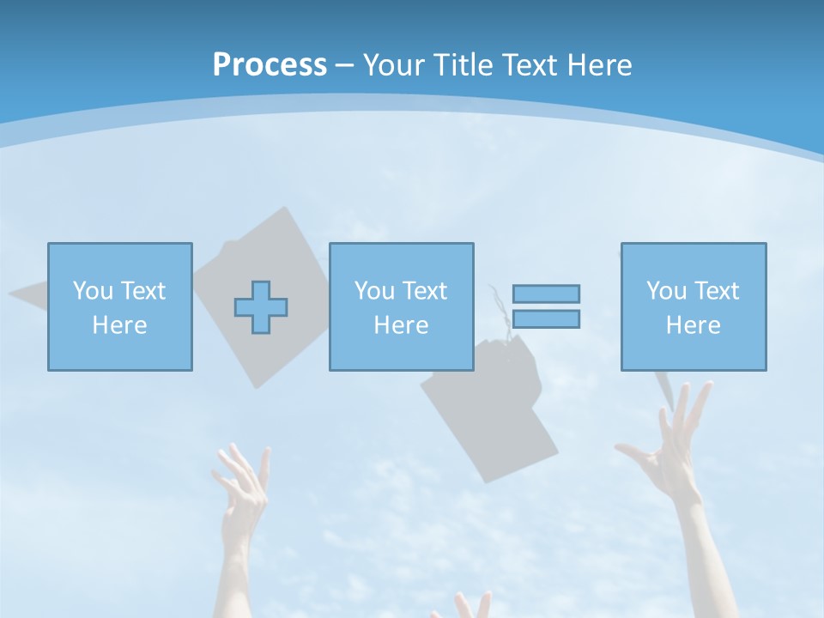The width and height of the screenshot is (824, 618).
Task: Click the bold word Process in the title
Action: [x=270, y=65]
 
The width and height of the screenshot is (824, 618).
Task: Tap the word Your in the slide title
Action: [x=396, y=65]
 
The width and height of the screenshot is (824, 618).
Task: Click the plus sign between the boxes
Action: [x=261, y=306]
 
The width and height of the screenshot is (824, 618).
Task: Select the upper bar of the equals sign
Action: [x=546, y=294]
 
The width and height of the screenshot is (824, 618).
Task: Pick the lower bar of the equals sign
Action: [x=546, y=318]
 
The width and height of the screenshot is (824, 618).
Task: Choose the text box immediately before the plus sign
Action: [x=119, y=306]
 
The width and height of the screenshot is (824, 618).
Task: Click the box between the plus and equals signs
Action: [x=401, y=306]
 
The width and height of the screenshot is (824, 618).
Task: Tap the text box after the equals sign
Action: [x=693, y=306]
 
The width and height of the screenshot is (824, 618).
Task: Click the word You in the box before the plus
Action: [x=93, y=291]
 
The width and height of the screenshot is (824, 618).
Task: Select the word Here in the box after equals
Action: [x=693, y=325]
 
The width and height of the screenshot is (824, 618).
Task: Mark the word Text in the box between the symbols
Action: [x=423, y=291]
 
